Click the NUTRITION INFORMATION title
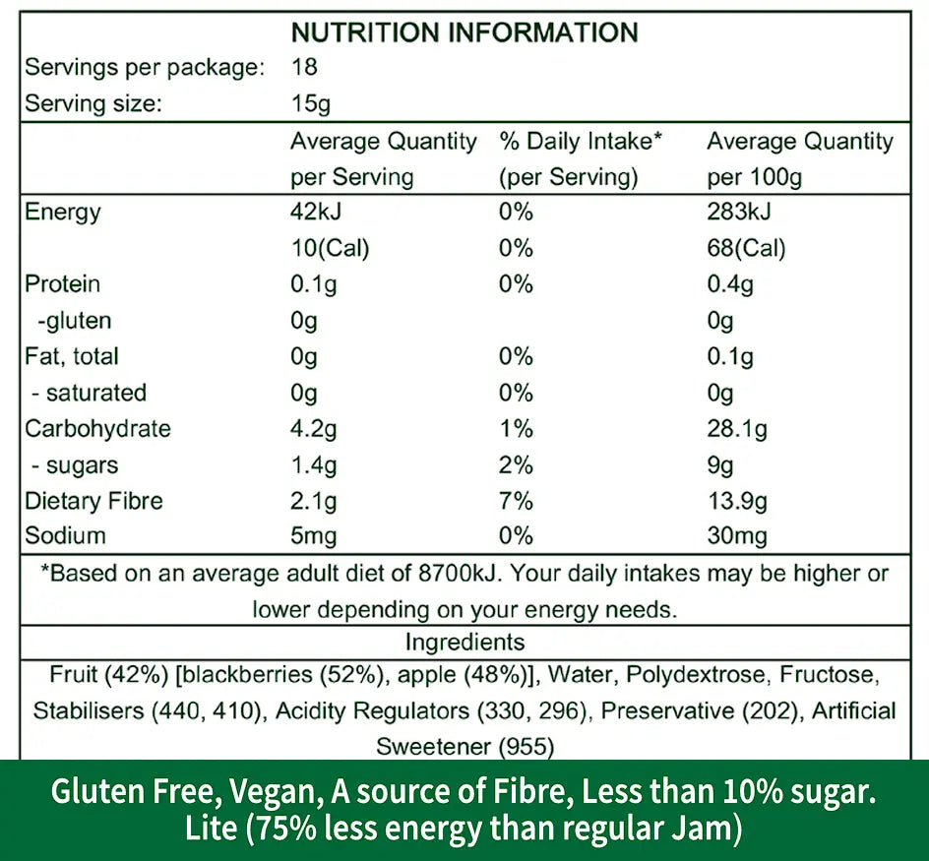[464, 31]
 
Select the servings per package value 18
[305, 68]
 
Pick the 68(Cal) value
[746, 248]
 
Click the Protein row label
[63, 284]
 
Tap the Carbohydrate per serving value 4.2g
[314, 429]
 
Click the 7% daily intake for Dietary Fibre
[516, 501]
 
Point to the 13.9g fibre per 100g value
[738, 501]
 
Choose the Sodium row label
[65, 536]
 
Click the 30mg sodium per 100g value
[737, 536]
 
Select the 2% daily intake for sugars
[516, 465]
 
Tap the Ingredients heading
[464, 643]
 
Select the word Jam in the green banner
[706, 829]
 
